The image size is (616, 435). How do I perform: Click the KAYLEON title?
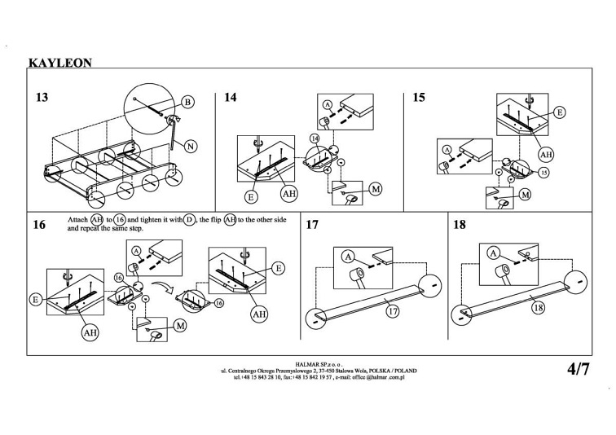pyautogui.click(x=59, y=62)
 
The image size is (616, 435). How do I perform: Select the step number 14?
pyautogui.click(x=230, y=98)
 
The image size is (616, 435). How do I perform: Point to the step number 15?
pyautogui.click(x=419, y=98)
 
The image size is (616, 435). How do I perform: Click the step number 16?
pyautogui.click(x=39, y=226)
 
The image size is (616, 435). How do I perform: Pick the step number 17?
pyautogui.click(x=311, y=226)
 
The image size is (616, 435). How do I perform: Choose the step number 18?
pyautogui.click(x=459, y=226)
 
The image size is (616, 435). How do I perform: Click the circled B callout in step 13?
pyautogui.click(x=187, y=102)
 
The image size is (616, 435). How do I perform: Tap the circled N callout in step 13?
pyautogui.click(x=191, y=147)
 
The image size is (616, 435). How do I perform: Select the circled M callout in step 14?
pyautogui.click(x=376, y=189)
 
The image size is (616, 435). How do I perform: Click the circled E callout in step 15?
pyautogui.click(x=559, y=112)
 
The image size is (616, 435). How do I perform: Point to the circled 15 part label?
pyautogui.click(x=543, y=173)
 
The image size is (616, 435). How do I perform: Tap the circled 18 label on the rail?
pyautogui.click(x=537, y=309)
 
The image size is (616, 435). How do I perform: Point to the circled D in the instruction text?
pyautogui.click(x=188, y=221)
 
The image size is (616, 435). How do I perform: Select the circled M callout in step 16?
pyautogui.click(x=180, y=326)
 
